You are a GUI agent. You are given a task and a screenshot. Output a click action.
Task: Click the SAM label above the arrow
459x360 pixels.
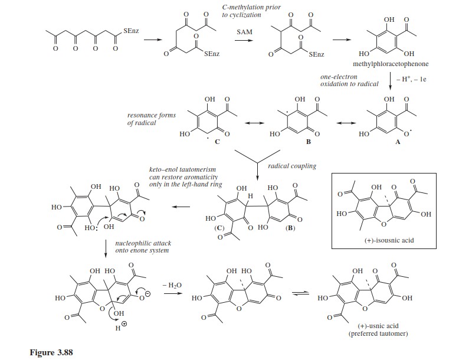tap(244, 32)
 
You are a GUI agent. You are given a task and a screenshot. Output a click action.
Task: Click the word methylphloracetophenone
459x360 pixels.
tap(391, 64)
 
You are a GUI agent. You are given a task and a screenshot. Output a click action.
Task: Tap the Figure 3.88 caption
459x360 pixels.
tap(51, 352)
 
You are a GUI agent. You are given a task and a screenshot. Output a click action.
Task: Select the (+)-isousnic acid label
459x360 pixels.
tap(389, 240)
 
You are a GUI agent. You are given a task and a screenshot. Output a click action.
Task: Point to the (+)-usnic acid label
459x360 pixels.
tap(378, 326)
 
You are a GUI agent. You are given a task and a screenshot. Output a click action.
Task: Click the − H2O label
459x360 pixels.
tap(172, 285)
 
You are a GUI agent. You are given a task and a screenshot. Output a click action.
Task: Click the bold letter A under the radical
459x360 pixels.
tap(398, 142)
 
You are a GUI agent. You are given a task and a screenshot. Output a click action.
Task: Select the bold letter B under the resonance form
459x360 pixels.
tap(308, 142)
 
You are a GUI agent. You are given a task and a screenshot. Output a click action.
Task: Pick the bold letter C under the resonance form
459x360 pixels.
tap(217, 142)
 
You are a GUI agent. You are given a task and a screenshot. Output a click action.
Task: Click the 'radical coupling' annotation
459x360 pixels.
tap(292, 166)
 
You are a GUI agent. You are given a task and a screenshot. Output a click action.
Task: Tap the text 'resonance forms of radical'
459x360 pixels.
tap(152, 119)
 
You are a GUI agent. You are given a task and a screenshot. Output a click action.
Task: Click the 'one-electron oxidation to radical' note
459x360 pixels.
tap(349, 80)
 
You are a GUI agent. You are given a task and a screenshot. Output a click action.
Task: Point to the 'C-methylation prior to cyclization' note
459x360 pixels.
tap(251, 11)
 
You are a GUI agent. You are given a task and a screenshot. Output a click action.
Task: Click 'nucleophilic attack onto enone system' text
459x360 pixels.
tap(143, 247)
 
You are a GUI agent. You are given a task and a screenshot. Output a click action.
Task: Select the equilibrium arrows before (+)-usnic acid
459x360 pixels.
tap(301, 293)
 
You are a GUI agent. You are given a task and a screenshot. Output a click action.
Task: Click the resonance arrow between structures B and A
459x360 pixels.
tap(346, 123)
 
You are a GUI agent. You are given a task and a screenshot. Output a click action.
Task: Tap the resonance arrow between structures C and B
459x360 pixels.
tap(255, 123)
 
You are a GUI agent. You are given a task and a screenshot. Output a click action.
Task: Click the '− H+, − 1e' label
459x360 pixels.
tap(411, 80)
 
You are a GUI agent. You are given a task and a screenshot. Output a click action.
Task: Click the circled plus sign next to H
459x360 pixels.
tap(124, 324)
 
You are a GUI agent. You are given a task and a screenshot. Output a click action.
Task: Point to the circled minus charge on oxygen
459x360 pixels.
tap(148, 293)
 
